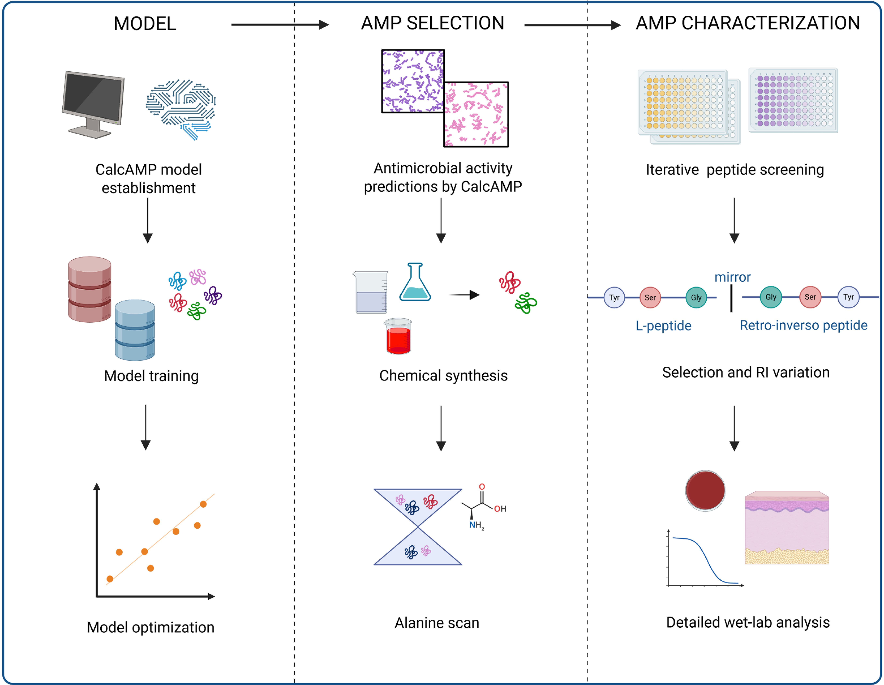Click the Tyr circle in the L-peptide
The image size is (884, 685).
(614, 297)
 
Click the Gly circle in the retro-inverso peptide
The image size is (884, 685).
(771, 297)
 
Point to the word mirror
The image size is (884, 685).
(732, 277)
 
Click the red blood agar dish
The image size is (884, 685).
(705, 491)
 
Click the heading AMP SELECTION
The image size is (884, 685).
(433, 23)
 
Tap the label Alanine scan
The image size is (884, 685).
(437, 623)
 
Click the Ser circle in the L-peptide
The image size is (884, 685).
(650, 297)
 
